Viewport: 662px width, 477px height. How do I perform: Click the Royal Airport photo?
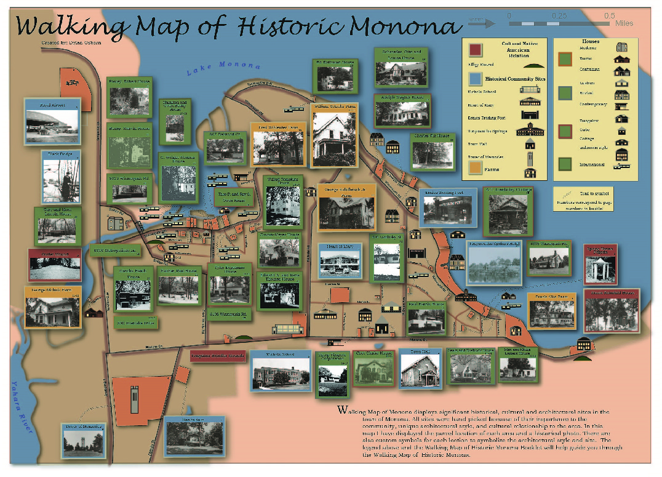point(52,126)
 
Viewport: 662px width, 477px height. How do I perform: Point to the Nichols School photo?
point(281,372)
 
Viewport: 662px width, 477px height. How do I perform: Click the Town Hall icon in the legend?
point(529,145)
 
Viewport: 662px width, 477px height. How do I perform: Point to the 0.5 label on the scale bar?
point(609,15)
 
